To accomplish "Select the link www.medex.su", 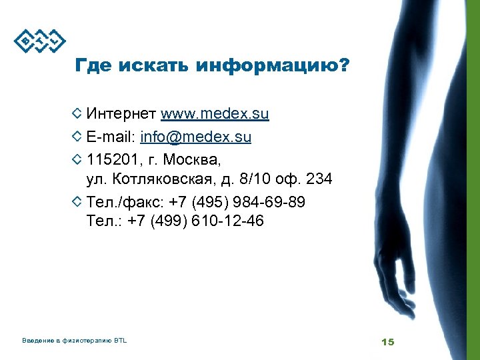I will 215,114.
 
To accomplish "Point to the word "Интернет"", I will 121,114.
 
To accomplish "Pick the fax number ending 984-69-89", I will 267,201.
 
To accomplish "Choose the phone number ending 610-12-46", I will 227,221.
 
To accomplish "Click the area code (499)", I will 170,221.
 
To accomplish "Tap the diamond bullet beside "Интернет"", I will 77,114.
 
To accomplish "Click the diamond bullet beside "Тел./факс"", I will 77,201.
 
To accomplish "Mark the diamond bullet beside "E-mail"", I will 77,137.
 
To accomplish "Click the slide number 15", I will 387,342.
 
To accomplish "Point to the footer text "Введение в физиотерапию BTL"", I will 74,341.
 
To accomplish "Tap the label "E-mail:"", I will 111,137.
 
